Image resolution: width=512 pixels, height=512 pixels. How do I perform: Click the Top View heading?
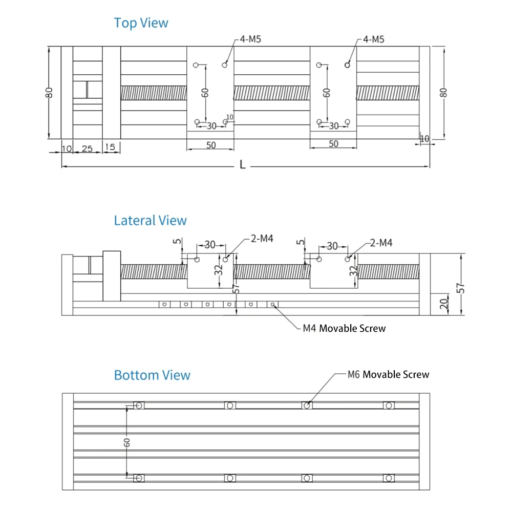coord(141,23)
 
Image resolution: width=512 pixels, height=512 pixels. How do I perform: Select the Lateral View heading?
coord(150,220)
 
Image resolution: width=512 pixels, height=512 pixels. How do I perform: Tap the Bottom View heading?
coord(152,375)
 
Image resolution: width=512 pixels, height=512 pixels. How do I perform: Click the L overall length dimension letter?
coord(242,164)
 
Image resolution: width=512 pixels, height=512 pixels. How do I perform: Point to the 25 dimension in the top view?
coord(87,149)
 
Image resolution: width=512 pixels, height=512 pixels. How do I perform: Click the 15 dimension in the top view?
coord(110,147)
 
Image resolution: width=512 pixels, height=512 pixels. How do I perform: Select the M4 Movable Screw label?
coord(344,328)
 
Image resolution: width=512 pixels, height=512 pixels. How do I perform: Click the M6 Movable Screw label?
coord(388,374)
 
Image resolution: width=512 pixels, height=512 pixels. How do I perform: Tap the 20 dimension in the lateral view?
coord(444,304)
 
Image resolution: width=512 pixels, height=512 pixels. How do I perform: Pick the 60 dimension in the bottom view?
coord(126,442)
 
